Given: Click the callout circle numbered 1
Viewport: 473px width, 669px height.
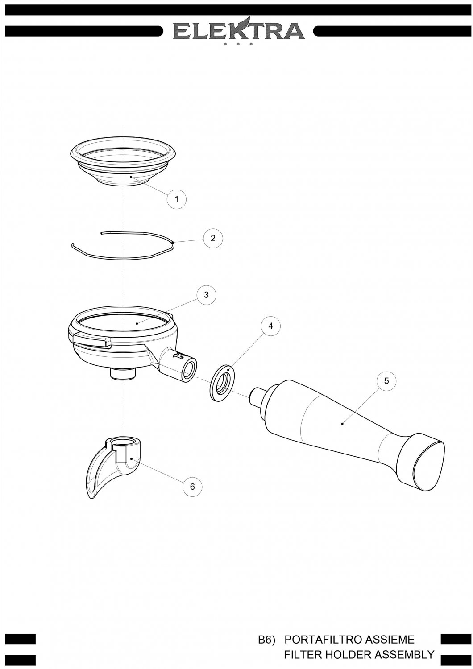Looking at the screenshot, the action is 176,199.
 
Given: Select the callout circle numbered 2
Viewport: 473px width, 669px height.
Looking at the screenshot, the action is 213,238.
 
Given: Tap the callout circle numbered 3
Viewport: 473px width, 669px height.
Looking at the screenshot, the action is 206,295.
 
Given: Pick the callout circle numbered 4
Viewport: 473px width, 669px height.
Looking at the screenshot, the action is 271,326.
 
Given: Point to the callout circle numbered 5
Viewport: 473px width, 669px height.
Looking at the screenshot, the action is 386,381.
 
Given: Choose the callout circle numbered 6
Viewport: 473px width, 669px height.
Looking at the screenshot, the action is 192,487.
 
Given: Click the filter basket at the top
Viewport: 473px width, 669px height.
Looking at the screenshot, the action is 123,161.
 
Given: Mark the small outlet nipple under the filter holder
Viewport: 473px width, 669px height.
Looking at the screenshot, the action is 123,374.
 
